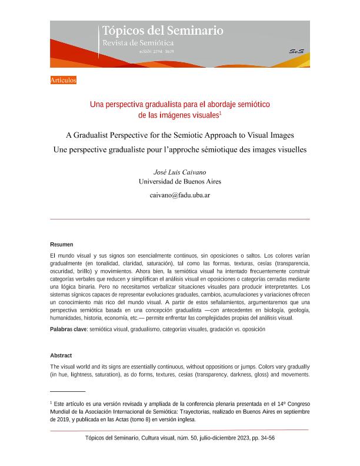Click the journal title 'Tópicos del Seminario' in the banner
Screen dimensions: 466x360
[x=163, y=31]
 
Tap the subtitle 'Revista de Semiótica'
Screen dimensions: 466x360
[x=138, y=43]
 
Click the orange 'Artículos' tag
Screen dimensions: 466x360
[x=64, y=80]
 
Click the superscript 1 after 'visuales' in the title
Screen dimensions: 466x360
[x=220, y=113]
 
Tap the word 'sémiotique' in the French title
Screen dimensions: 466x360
[x=225, y=149]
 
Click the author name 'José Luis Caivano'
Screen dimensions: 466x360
[x=179, y=172]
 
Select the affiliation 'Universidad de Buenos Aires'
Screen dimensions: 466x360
[x=179, y=182]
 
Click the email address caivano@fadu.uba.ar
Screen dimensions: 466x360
[x=179, y=195]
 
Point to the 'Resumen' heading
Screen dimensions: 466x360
[x=62, y=244]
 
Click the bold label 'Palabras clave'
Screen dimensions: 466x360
[x=68, y=329]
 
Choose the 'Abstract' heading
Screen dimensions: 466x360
[x=61, y=356]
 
